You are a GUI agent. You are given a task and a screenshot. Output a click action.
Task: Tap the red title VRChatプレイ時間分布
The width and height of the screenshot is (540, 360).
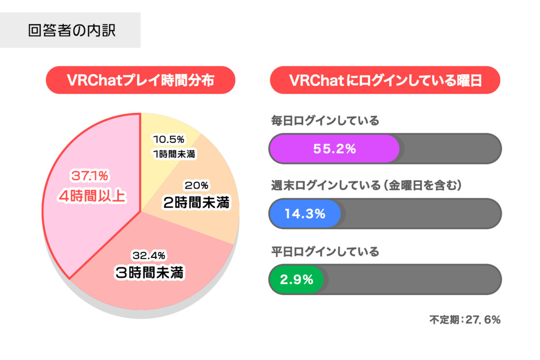(140, 80)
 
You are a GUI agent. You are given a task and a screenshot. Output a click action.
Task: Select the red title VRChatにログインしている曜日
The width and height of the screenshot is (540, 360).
(385, 80)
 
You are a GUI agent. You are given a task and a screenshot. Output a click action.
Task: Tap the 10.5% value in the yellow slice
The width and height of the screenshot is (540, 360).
(168, 140)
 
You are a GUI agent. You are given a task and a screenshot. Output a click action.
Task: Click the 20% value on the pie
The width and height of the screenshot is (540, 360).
(196, 186)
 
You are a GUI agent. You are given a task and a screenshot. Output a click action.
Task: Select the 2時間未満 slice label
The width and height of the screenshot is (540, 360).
(197, 202)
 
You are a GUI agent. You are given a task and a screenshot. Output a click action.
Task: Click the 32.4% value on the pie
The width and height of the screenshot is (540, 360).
(149, 256)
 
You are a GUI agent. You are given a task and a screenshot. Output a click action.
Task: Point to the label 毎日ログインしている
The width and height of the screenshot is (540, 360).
(324, 121)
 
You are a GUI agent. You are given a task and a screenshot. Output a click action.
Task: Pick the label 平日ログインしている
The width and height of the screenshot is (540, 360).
(324, 251)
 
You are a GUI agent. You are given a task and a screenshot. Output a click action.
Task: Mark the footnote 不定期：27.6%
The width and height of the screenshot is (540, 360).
(464, 319)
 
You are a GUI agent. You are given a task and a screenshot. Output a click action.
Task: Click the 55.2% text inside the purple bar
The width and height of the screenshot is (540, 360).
(335, 149)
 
